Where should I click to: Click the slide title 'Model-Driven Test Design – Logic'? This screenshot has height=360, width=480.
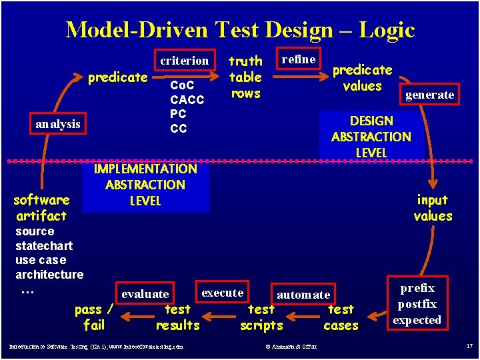point(240,29)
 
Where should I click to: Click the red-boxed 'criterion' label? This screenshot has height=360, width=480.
point(185,61)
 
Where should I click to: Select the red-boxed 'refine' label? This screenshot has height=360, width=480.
point(299,59)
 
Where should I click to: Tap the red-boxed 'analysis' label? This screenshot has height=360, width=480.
point(58,124)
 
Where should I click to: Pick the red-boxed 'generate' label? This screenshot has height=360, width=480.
point(430,95)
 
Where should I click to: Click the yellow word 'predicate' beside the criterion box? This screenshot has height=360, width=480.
point(118,77)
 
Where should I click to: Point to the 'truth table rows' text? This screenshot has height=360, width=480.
point(245,77)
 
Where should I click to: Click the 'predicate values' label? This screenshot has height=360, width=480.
point(362,78)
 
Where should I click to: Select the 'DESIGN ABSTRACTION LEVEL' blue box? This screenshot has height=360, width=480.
point(371,137)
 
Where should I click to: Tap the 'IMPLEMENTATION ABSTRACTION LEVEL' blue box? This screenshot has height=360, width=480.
point(145,185)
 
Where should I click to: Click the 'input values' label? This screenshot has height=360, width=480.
point(433,208)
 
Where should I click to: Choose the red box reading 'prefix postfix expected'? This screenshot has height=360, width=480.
point(417,304)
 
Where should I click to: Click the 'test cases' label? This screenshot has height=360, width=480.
point(341,317)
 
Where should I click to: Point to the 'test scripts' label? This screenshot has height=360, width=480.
point(261,317)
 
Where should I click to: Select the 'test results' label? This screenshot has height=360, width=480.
point(177,317)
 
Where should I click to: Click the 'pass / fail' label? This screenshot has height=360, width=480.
point(94,317)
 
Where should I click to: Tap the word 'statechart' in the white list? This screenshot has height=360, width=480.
point(44,246)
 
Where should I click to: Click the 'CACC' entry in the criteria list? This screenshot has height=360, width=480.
point(187,100)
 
